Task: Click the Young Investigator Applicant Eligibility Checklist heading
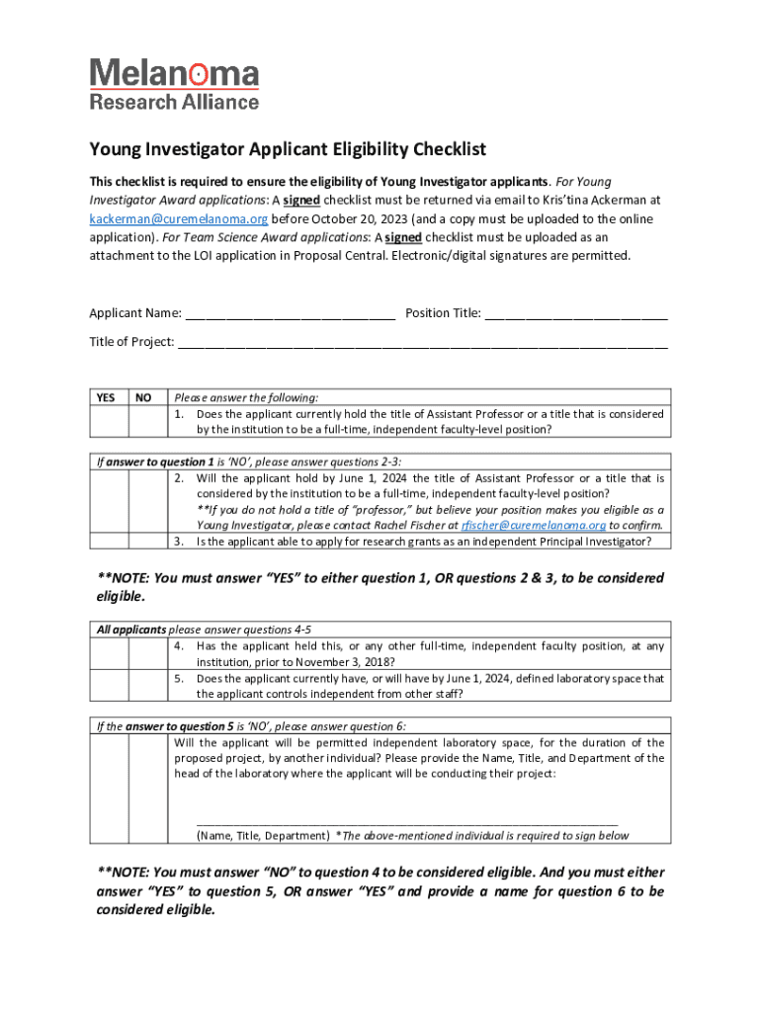click(289, 149)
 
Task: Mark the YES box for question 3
click(109, 541)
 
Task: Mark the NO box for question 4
click(145, 654)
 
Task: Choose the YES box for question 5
click(109, 685)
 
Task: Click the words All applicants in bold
click(130, 630)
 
